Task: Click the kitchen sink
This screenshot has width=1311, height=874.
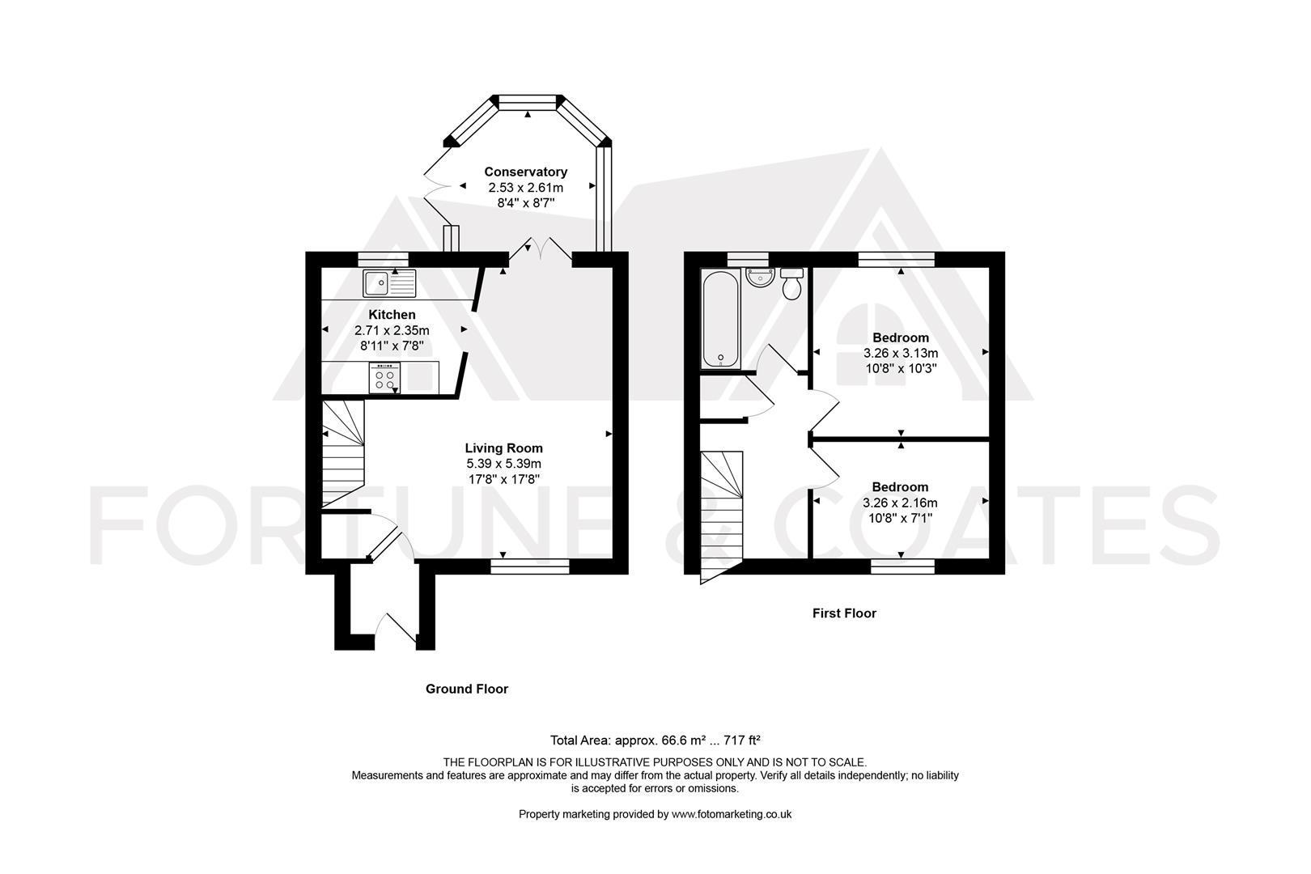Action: tap(389, 283)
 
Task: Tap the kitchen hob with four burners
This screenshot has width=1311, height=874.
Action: tap(384, 378)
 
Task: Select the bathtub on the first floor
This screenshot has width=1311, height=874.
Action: tap(721, 319)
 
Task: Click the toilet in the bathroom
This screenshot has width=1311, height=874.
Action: tap(792, 284)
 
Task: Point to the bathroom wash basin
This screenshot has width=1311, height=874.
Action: tap(760, 278)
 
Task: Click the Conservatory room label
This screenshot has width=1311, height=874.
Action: tap(525, 172)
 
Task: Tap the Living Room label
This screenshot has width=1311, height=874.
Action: tap(504, 448)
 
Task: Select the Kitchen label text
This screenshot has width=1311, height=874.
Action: tap(392, 315)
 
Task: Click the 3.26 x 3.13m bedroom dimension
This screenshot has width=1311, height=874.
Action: tap(901, 353)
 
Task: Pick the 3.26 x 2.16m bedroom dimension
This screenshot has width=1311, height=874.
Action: tap(900, 503)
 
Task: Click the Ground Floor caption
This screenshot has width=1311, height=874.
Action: tap(466, 689)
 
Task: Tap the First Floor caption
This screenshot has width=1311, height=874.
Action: tap(844, 613)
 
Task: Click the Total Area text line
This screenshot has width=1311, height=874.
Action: tap(655, 740)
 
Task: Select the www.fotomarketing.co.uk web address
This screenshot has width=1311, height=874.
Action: tap(731, 814)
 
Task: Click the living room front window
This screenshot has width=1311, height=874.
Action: tap(530, 566)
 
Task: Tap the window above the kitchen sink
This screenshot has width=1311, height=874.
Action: tap(383, 259)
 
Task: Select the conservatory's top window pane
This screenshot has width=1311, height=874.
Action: tap(528, 102)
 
